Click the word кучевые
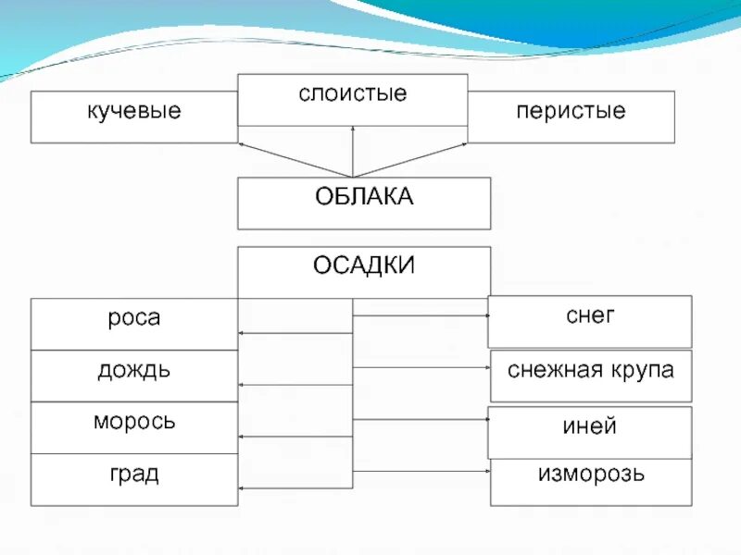[134, 112]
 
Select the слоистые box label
[353, 94]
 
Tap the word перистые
[571, 112]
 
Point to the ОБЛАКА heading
[364, 197]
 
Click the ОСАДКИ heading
[364, 265]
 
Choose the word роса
[134, 318]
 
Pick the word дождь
[134, 371]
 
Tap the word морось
[134, 423]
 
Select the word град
[134, 475]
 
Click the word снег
[590, 315]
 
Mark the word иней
[590, 426]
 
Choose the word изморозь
[591, 475]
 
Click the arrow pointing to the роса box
[295, 332]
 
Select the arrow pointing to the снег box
[421, 315]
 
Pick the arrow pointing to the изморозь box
[421, 472]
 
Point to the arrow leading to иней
[421, 419]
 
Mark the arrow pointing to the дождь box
[295, 384]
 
